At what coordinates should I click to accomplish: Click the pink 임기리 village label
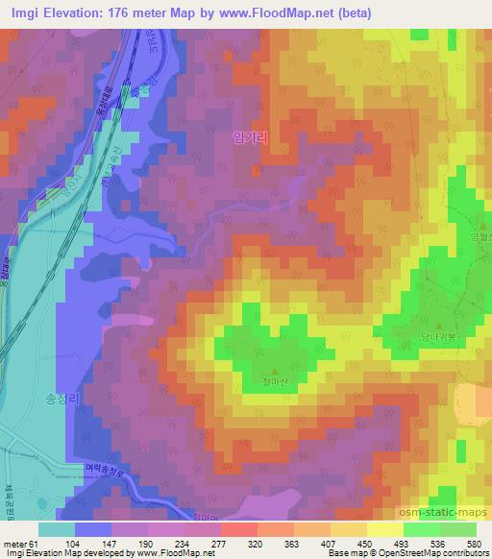point(248,137)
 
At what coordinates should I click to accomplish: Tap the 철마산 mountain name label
point(276,381)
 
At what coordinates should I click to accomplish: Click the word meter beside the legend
point(13,544)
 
